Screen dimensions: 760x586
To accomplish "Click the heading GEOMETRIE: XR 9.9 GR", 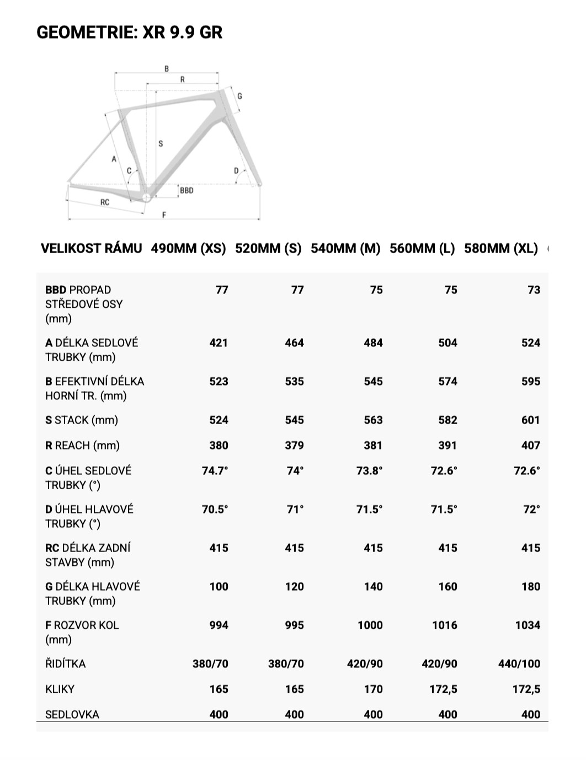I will (x=129, y=33).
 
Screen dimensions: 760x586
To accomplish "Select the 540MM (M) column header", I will (x=345, y=248).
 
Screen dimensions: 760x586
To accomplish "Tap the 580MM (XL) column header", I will (x=500, y=248).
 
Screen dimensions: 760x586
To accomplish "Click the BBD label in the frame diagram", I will (x=187, y=190).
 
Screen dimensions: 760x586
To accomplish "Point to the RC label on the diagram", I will (x=105, y=202).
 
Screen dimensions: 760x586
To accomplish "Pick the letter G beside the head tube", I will (x=239, y=96).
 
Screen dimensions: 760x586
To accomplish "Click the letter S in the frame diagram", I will (x=161, y=144).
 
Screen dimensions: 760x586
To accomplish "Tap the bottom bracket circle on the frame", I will (x=146, y=197).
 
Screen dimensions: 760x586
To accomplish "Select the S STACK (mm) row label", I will (x=82, y=420).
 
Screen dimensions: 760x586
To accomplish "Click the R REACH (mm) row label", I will (x=82, y=446).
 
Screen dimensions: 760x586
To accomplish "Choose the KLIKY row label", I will (x=60, y=689).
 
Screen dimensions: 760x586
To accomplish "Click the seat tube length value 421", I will (x=219, y=343).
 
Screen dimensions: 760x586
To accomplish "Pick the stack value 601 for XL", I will (x=530, y=420).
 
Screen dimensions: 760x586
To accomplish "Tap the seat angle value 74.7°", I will (x=215, y=471).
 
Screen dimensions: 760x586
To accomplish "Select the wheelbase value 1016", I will (x=444, y=625).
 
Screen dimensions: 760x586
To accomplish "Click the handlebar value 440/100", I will (x=519, y=664).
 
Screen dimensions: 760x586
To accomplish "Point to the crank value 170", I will (x=373, y=689).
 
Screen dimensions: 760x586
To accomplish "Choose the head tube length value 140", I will (x=373, y=587).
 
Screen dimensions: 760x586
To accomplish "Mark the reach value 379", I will (x=294, y=446).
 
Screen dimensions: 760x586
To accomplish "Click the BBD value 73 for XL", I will (x=534, y=290).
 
